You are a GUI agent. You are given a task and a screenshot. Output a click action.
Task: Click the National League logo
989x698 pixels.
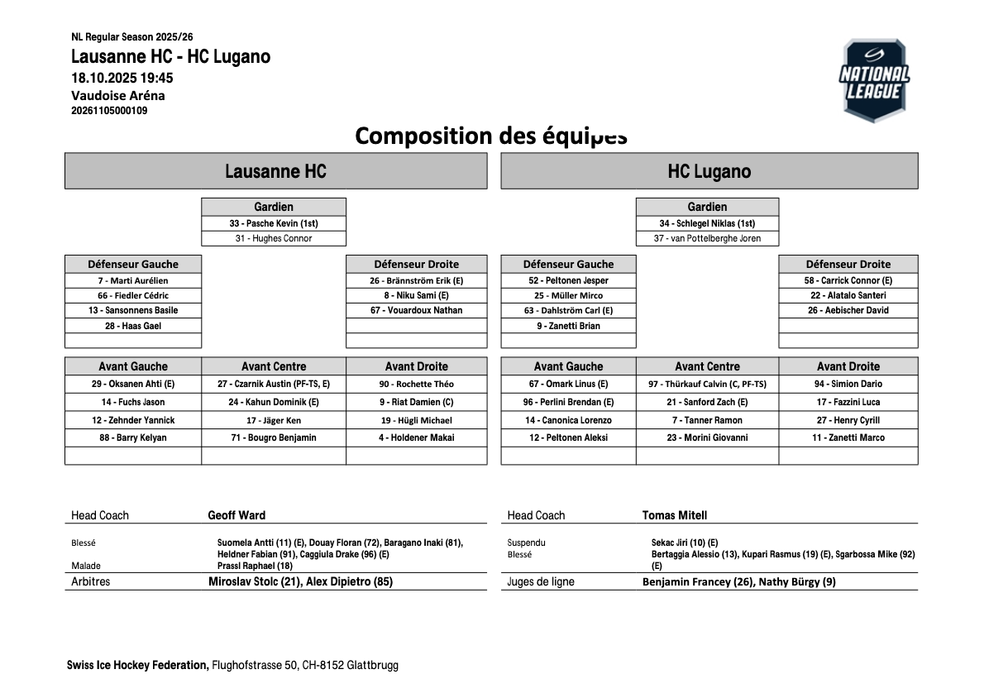pos(874,80)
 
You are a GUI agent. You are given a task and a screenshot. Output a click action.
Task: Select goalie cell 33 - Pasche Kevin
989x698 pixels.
pos(274,223)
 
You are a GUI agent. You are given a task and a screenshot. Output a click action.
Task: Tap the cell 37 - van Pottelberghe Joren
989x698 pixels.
pos(707,238)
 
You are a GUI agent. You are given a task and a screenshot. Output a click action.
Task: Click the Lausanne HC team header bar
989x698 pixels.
pos(275,171)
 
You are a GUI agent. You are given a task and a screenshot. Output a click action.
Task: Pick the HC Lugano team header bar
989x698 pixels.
pos(709,171)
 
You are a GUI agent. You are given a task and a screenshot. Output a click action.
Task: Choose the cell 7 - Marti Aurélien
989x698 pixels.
pos(133,280)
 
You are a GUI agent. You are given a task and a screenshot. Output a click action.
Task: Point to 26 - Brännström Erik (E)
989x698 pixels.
pos(416,280)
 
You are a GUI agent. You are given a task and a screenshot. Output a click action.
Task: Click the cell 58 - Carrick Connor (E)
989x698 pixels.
pos(848,280)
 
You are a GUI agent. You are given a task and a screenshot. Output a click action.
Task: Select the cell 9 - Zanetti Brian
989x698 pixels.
pos(568,326)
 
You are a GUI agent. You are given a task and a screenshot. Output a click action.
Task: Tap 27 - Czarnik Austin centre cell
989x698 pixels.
pos(274,384)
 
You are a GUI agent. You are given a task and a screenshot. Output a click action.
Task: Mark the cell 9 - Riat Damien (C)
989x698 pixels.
pos(416,402)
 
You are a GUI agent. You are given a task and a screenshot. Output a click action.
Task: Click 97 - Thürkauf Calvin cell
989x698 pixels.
pos(707,384)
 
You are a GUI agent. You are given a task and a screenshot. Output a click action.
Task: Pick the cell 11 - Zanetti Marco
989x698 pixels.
pos(848,437)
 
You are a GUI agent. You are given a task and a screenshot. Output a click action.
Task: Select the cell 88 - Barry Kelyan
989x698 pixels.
pos(133,437)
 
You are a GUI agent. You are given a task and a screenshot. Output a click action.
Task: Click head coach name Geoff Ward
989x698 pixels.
pos(236,515)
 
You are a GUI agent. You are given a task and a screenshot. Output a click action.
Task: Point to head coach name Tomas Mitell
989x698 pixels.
pos(674,515)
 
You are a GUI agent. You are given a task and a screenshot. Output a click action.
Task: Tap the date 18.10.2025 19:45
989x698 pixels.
pos(122,78)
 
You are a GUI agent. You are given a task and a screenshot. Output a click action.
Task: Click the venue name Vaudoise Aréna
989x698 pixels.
pos(118,95)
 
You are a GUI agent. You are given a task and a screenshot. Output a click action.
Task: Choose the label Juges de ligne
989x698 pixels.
pos(541,581)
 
